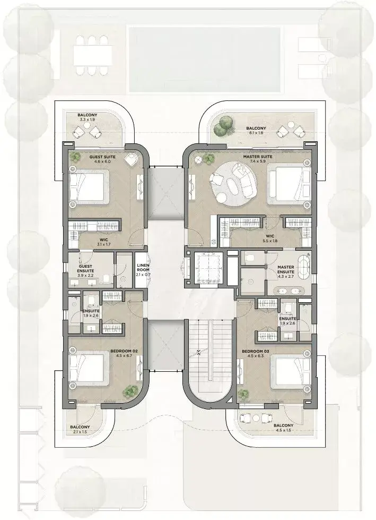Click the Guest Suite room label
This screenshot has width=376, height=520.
point(102,157)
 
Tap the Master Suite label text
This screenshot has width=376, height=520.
point(258,157)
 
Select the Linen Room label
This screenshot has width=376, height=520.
point(143,267)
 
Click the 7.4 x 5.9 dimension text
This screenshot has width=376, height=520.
point(258,161)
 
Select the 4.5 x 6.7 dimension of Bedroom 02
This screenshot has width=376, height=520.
point(124,356)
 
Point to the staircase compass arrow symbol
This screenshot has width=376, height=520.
point(198,353)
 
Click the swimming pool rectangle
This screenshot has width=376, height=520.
point(205,59)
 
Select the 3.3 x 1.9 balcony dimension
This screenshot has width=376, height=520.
point(88,120)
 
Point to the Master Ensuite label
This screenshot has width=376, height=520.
point(286,269)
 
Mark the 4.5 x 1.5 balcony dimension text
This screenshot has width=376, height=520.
point(283,430)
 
